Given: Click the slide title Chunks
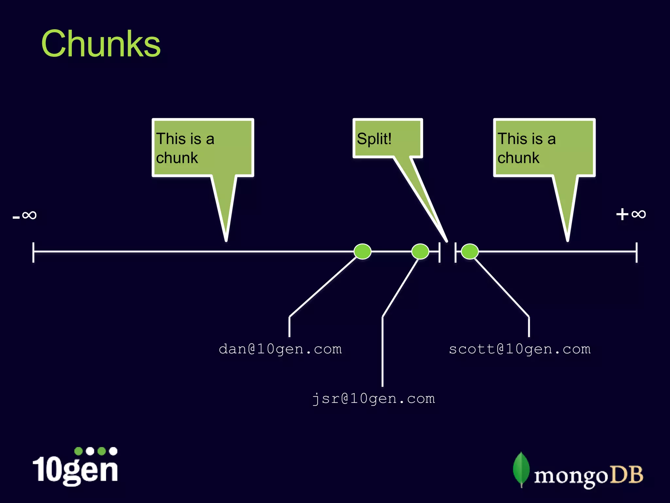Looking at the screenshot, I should coord(101,44).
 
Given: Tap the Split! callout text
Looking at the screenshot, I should coord(374,139).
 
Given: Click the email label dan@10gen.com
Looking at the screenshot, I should coord(280,349).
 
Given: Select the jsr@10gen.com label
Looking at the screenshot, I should coord(374,399).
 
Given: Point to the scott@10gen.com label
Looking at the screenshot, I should coord(520,349).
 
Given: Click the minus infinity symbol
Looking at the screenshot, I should coord(25,215).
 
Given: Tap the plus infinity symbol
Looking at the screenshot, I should coord(631,214).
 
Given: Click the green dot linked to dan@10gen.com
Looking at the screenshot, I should coord(362,251).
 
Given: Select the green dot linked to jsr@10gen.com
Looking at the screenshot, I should coord(420,251).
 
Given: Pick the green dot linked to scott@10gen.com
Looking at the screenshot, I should coord(470,251).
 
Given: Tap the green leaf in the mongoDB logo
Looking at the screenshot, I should coord(521,469).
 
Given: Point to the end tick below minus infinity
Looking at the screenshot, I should coord(33,252).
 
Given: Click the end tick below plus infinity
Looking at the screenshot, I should coord(637,252).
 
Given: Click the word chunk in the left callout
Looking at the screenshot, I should coord(177,158).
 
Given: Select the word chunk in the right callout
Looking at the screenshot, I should coord(518,158).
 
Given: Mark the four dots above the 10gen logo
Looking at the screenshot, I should coord(96,451).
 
